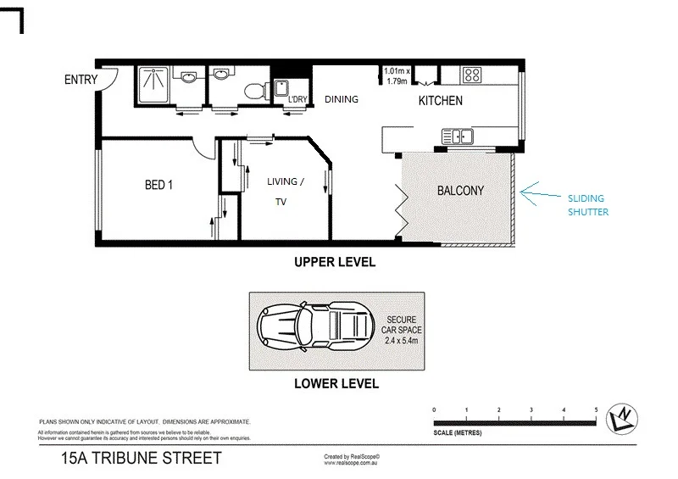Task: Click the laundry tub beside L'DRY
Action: [282, 89]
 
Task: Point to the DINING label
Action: [342, 99]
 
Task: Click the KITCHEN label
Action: [441, 101]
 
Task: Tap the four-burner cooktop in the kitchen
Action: [472, 75]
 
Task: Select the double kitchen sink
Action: [456, 136]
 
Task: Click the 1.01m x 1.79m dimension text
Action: [397, 76]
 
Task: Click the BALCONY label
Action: [460, 191]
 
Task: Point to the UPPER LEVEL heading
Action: [334, 263]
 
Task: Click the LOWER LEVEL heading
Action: [336, 383]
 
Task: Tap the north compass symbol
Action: [624, 416]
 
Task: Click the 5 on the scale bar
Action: [596, 409]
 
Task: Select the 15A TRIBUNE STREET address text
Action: [141, 459]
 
